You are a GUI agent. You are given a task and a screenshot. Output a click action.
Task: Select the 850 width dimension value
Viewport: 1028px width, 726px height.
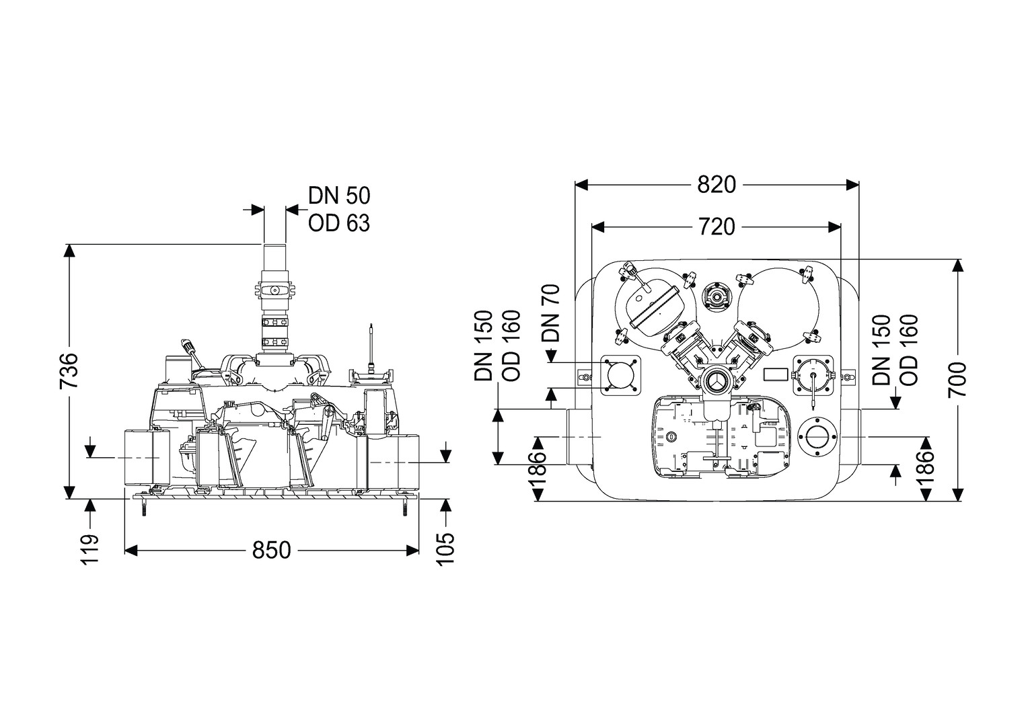click(272, 550)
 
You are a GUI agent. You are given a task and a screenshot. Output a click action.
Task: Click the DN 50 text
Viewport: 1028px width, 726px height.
click(339, 196)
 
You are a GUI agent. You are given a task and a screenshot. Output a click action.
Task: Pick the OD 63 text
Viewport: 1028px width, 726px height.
click(339, 223)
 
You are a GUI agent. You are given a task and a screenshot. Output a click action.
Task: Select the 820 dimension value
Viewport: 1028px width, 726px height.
click(717, 184)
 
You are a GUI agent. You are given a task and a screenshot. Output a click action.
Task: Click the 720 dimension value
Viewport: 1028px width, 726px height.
click(716, 227)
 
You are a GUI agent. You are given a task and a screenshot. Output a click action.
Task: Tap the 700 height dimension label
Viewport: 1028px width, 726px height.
click(957, 379)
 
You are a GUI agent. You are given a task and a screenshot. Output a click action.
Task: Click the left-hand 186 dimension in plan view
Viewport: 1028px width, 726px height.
click(538, 468)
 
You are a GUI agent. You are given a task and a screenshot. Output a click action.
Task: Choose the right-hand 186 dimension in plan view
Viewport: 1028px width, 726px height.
click(926, 468)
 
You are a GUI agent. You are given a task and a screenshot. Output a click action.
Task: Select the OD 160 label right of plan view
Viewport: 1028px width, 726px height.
click(908, 350)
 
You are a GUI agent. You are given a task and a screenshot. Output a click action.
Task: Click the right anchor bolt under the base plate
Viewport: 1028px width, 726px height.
click(406, 510)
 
